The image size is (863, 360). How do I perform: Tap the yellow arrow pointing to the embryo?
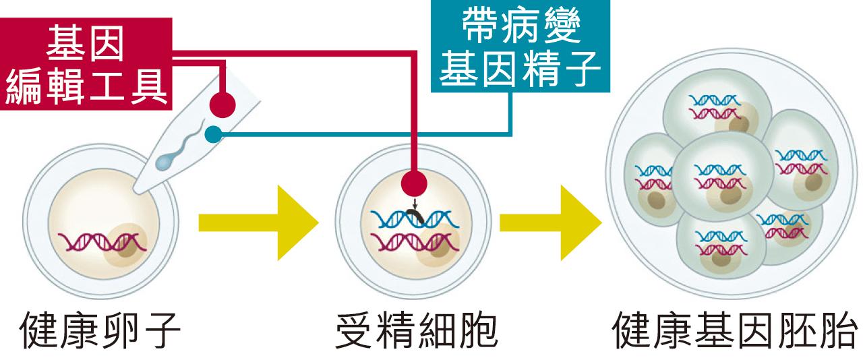[549, 222]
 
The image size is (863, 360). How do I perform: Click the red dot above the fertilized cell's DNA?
[413, 183]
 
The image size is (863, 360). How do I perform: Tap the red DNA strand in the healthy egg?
[101, 241]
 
